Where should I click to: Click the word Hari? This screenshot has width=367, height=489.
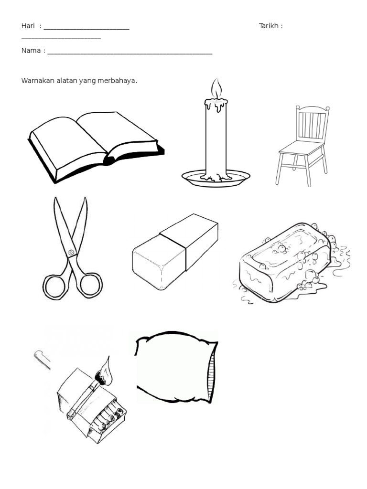pos(28,26)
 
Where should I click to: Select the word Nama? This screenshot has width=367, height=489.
pos(31,51)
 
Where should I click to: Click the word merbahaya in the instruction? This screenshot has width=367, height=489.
pos(117,81)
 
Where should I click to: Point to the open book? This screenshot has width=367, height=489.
pos(96,147)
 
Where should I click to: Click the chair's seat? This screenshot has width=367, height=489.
pos(302,148)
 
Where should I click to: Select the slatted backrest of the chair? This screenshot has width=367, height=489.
pos(313,123)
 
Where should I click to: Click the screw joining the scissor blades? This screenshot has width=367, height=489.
pos(72,252)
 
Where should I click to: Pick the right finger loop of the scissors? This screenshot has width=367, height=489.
pos(90,285)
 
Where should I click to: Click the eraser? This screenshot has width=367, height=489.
pos(175,251)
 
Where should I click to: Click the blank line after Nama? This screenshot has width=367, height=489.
pos(130,53)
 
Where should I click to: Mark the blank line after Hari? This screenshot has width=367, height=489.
pos(86,29)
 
